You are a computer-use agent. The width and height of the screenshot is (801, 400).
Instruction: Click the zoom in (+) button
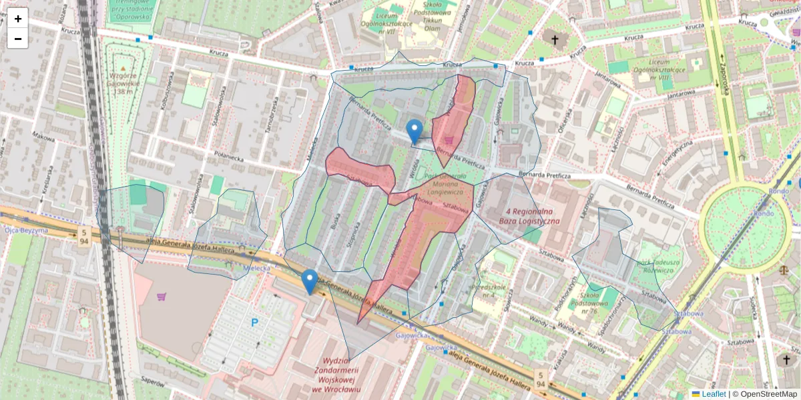(x=18, y=19)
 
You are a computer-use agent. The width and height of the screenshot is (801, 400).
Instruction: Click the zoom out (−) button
(x=18, y=39)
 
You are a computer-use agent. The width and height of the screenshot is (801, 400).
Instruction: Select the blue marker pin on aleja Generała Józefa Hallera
(x=309, y=281)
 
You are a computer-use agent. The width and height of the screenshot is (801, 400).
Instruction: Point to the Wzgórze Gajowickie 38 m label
(x=123, y=83)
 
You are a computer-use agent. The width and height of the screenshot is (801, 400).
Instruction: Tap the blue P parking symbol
(x=254, y=323)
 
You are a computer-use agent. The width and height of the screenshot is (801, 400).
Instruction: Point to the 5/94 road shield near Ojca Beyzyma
(x=84, y=237)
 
